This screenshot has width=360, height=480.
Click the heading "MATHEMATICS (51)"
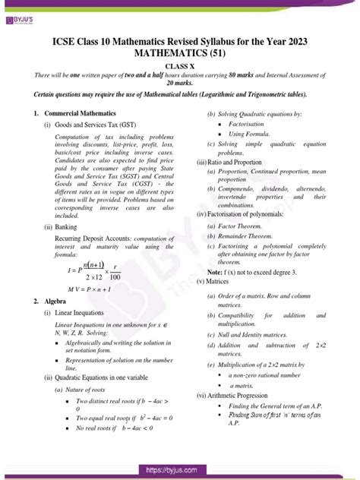pos(179,55)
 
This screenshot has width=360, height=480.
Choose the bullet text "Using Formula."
pos(250,133)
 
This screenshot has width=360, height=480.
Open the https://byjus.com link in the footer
pos(180,471)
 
